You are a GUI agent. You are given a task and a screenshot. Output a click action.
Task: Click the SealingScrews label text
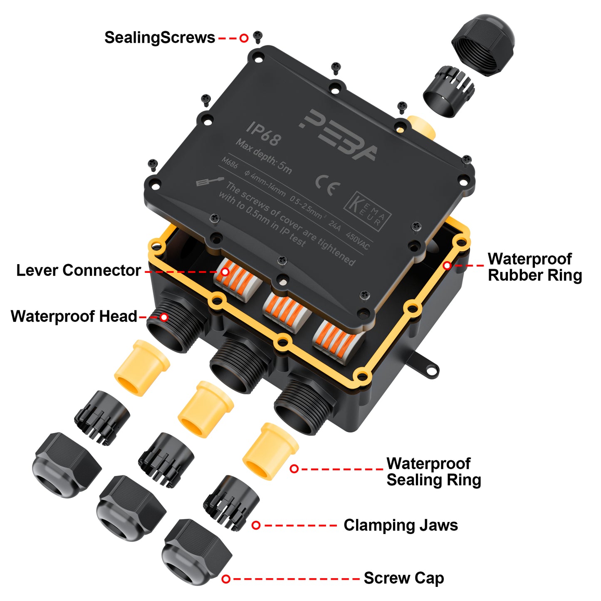pyautogui.click(x=160, y=38)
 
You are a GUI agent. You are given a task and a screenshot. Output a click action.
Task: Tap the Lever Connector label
pyautogui.click(x=78, y=270)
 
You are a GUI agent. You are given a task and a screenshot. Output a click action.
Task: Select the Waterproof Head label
pyautogui.click(x=74, y=317)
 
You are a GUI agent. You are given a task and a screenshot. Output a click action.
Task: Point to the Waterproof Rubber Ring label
pyautogui.click(x=534, y=267)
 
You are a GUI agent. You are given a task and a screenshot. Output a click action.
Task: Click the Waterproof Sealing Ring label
pyautogui.click(x=433, y=472)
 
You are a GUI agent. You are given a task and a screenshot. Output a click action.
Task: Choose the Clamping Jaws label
pyautogui.click(x=401, y=525)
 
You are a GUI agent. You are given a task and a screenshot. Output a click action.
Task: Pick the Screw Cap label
pyautogui.click(x=403, y=578)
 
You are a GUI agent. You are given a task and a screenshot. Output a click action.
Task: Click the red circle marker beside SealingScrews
pyautogui.click(x=244, y=38)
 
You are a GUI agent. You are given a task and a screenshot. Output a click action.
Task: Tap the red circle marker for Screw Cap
pyautogui.click(x=226, y=579)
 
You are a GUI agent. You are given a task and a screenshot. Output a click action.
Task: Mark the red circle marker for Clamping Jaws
pyautogui.click(x=256, y=525)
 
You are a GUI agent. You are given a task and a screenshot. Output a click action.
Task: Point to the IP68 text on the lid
pyautogui.click(x=263, y=134)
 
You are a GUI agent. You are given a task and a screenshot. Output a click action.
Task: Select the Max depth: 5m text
pyautogui.click(x=264, y=156)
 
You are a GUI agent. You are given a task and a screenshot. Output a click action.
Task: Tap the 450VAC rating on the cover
pyautogui.click(x=358, y=241)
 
